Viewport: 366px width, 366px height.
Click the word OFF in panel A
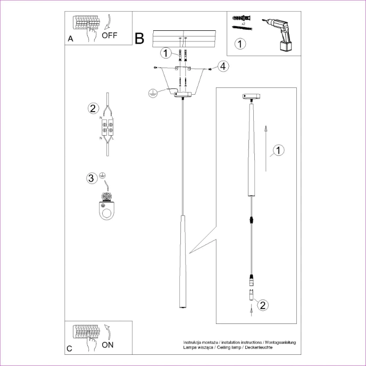(x=109, y=36)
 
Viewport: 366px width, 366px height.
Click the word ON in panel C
(x=107, y=344)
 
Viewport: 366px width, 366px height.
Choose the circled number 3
(x=92, y=178)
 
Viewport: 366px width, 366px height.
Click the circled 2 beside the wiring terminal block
(x=93, y=109)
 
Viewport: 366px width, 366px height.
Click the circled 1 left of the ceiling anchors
(x=167, y=53)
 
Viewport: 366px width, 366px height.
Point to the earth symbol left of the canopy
(x=152, y=93)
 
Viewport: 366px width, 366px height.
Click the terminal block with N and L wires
(x=108, y=128)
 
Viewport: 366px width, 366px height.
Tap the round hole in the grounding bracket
(x=107, y=214)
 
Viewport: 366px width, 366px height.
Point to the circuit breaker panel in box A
(x=87, y=24)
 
